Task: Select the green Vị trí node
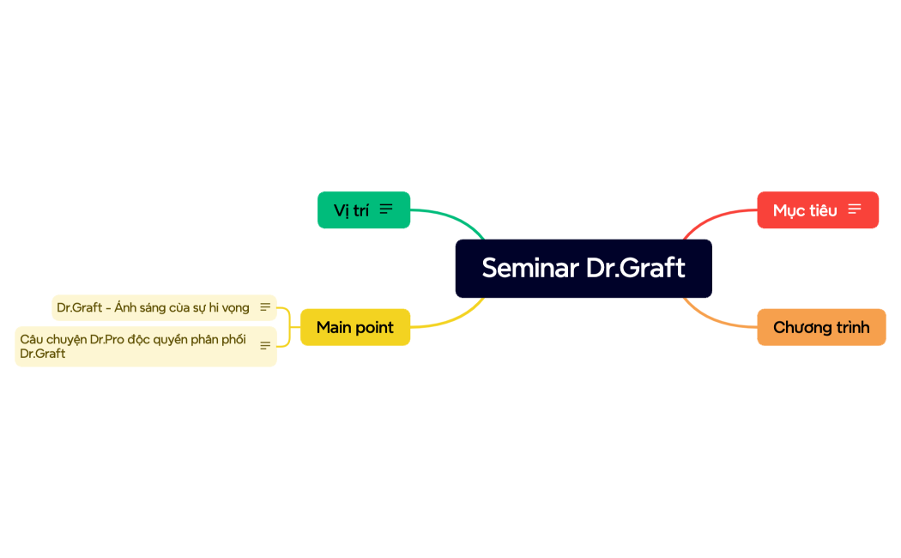point(352,210)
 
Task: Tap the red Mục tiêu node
point(805,210)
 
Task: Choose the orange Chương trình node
point(821,327)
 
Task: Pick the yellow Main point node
point(354,327)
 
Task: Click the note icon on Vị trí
point(387,209)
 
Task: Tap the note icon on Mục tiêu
point(855,209)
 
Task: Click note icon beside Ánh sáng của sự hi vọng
point(265,307)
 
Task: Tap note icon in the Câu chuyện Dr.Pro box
point(265,346)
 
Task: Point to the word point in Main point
point(374,327)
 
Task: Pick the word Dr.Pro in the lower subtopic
point(107,339)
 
